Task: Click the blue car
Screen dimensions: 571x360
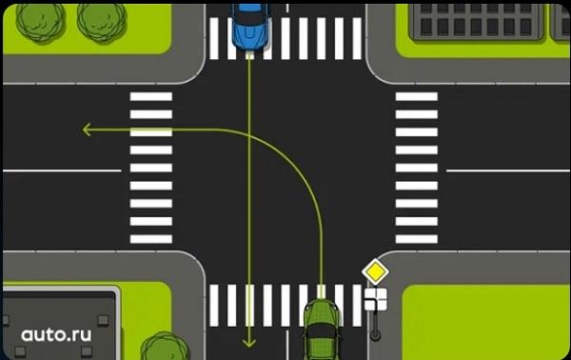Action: tap(250, 27)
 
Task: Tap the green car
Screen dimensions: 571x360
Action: tap(322, 330)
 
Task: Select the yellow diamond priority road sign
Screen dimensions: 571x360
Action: tap(376, 271)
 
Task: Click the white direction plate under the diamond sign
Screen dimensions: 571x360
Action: tap(376, 299)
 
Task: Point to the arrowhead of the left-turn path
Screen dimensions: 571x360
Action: tap(87, 130)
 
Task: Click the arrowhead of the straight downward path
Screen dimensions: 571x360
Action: tap(249, 343)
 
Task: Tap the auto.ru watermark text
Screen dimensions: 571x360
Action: tap(56, 335)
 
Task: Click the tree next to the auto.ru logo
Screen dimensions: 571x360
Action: tap(165, 346)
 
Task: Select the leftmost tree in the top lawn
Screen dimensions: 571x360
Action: tap(40, 21)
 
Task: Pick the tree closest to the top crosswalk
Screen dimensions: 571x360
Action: tap(102, 21)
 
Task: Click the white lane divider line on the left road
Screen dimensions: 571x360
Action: tap(62, 170)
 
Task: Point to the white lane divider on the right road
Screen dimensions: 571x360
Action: tap(508, 170)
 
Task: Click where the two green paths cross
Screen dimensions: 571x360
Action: tap(249, 135)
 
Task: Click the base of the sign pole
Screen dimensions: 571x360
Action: tap(375, 335)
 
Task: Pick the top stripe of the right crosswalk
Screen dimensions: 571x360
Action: tap(417, 96)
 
